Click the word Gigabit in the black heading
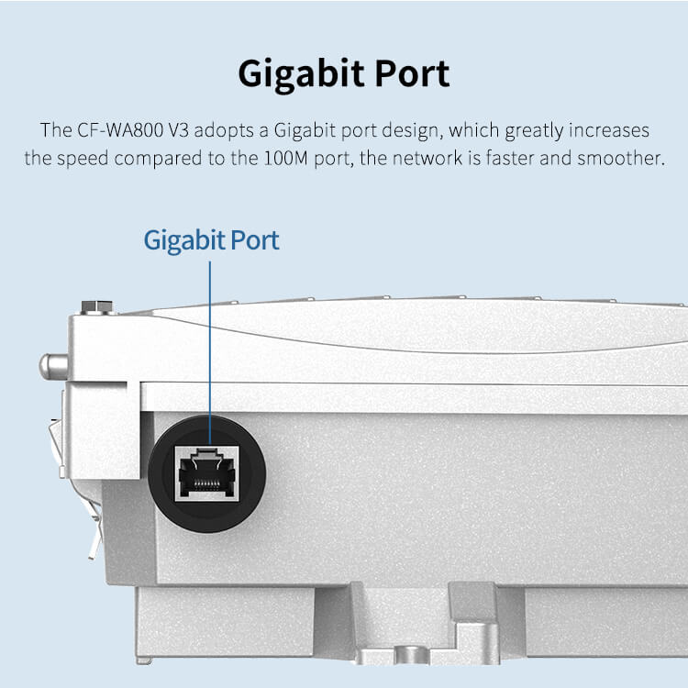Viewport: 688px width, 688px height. pos(301,74)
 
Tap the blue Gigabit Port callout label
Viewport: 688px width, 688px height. pos(212,241)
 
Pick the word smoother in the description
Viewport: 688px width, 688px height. pos(621,159)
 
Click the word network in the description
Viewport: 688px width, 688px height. pos(427,159)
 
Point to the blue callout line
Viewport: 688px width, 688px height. pos(210,353)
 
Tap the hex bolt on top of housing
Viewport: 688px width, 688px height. pos(97,307)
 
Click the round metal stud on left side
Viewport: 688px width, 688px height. pos(53,366)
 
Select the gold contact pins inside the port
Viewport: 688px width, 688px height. pos(207,483)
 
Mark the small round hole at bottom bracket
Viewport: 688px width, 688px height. pos(412,654)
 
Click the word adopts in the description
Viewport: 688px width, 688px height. pos(224,131)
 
